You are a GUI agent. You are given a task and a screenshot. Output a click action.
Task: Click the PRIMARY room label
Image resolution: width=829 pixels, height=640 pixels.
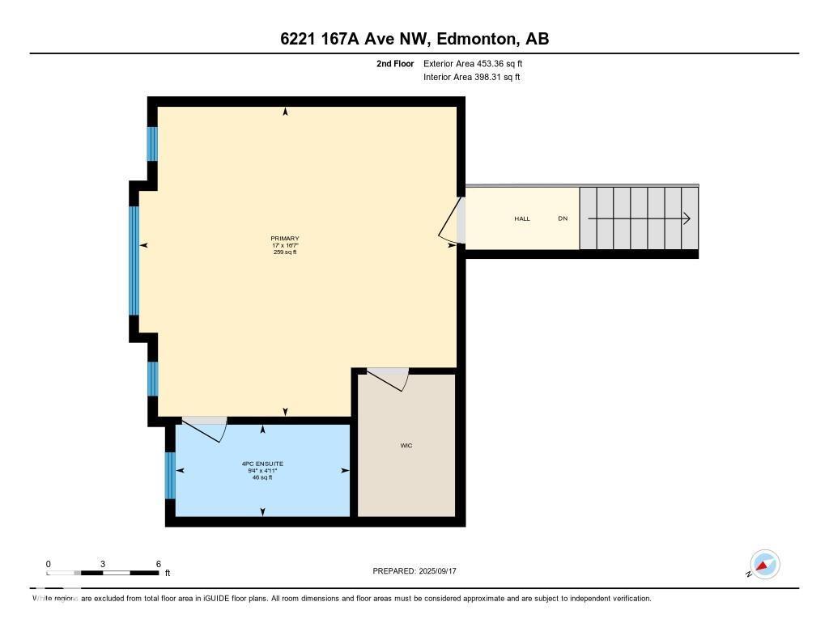pos(285,238)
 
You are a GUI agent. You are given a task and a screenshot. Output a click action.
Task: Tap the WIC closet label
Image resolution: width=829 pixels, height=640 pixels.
pos(406,446)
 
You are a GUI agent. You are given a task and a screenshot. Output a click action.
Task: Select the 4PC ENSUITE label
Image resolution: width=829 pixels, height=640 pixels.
pos(262,464)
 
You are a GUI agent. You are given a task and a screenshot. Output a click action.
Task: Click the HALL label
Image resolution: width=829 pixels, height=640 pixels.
pos(522,219)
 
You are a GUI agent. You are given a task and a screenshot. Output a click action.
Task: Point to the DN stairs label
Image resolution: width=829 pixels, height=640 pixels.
pos(563,219)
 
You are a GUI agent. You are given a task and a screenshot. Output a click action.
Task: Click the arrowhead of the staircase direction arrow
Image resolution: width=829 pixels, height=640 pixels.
pos(686,218)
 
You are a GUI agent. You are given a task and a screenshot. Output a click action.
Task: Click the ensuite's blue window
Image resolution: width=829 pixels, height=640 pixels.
pos(170,475)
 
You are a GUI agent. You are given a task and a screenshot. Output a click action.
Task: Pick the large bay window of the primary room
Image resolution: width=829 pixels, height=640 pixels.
pos(134,261)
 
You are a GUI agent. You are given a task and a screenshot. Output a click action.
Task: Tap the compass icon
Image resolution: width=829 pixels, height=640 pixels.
pos(764,565)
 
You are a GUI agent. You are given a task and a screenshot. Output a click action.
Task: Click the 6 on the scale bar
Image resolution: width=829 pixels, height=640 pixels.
pos(159,564)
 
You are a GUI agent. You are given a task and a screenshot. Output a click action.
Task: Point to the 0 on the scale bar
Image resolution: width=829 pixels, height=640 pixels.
pos(49,564)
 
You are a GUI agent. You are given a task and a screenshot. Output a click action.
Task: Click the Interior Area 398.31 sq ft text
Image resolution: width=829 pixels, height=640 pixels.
pos(471,78)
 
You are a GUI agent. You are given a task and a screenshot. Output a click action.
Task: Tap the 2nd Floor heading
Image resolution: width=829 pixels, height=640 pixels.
pos(395,63)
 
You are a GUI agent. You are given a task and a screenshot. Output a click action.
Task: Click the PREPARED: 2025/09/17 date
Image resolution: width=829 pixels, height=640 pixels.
pos(420,571)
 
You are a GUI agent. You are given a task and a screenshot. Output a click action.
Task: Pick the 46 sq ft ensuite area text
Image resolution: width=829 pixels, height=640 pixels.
pos(262,477)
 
